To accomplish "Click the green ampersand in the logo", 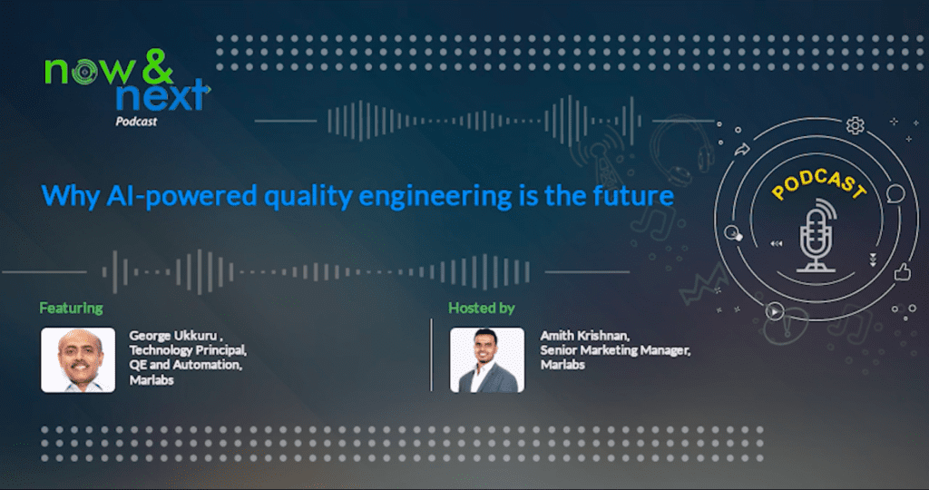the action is pyautogui.click(x=157, y=65).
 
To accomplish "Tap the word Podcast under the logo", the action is pyautogui.click(x=136, y=122).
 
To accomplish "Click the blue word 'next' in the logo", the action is pyautogui.click(x=162, y=96).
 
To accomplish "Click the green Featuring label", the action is pyautogui.click(x=71, y=309).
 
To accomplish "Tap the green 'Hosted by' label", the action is pyautogui.click(x=481, y=309).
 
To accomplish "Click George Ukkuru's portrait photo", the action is pyautogui.click(x=78, y=359).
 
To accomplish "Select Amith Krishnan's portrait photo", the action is pyautogui.click(x=487, y=359).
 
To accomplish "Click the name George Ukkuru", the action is pyautogui.click(x=173, y=336).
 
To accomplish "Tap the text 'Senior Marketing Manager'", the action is pyautogui.click(x=615, y=350).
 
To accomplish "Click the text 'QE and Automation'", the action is pyautogui.click(x=185, y=365).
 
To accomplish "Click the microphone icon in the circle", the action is pyautogui.click(x=817, y=235).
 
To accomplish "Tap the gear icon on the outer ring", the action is pyautogui.click(x=855, y=125).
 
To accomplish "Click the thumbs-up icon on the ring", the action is pyautogui.click(x=903, y=272).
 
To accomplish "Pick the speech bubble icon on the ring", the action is pyautogui.click(x=895, y=194).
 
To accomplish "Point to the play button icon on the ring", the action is pyautogui.click(x=775, y=310).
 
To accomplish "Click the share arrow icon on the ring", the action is pyautogui.click(x=742, y=150).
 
